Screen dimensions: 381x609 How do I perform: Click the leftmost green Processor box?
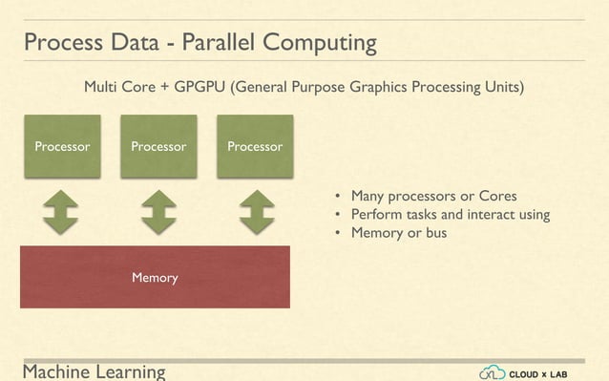(62, 146)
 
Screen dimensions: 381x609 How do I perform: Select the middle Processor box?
(158, 146)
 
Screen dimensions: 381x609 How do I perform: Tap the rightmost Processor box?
(255, 146)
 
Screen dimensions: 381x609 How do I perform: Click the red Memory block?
(155, 277)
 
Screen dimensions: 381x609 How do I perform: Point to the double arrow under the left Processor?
(61, 212)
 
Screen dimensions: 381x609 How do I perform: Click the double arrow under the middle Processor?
(158, 212)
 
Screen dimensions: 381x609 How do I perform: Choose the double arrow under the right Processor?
(256, 212)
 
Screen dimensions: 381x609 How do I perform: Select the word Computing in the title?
(322, 45)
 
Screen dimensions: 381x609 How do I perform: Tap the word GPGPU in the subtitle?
(201, 88)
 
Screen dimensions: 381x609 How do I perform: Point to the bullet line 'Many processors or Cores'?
(433, 195)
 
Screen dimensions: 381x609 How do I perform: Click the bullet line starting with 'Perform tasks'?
(450, 214)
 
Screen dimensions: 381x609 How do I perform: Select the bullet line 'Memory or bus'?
(398, 233)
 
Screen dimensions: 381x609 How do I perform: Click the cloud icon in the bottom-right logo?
(493, 371)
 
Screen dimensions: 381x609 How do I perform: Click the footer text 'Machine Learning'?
(94, 371)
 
